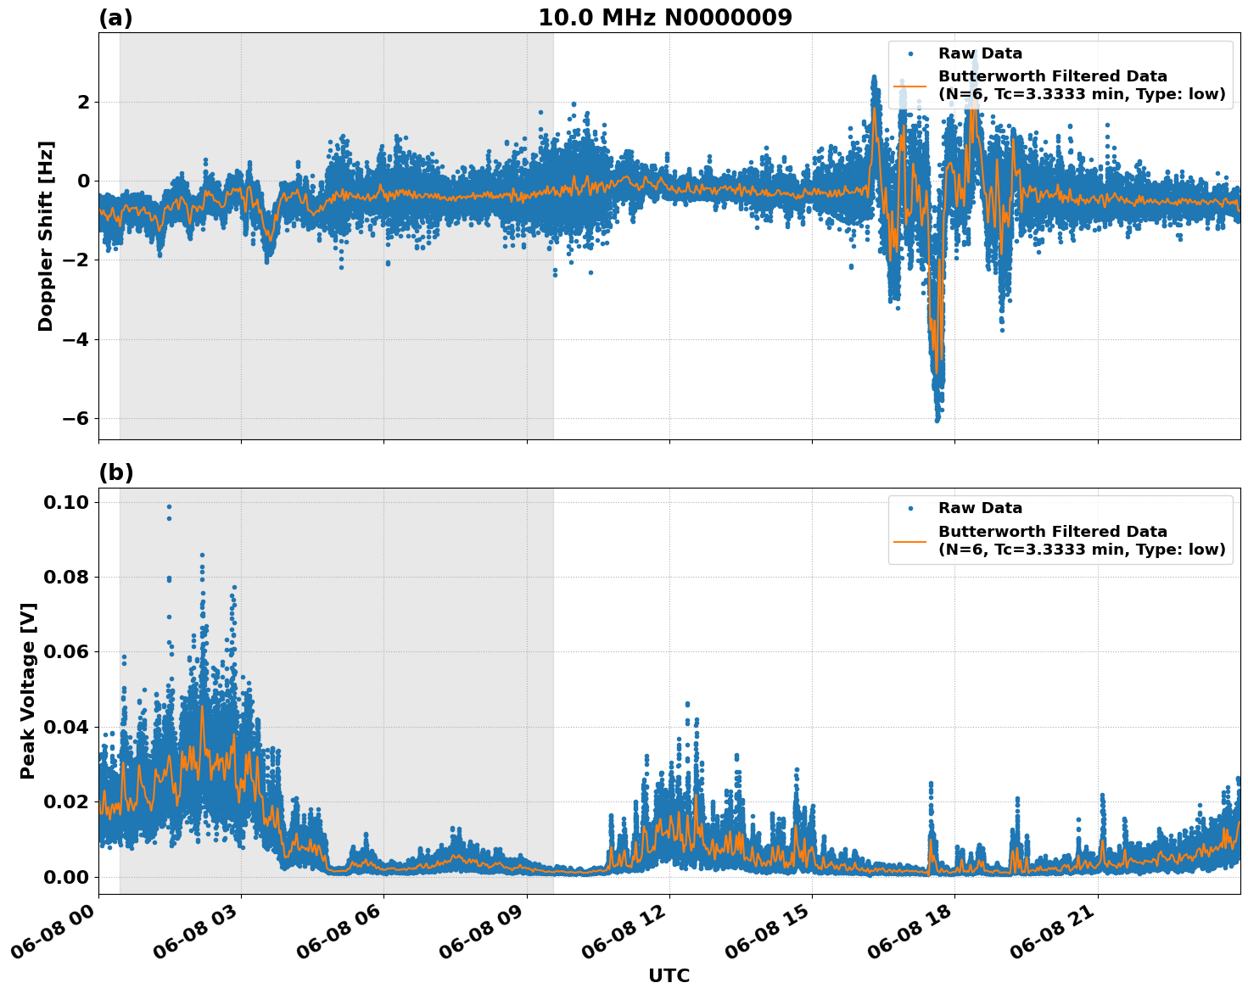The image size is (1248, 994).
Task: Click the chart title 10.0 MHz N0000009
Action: point(664,18)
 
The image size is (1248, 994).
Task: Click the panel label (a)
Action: point(115,18)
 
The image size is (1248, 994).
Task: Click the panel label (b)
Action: point(115,472)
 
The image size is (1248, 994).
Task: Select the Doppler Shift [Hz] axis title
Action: point(46,236)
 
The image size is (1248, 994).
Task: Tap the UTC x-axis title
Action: point(669,975)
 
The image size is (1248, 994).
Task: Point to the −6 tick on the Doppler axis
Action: point(70,419)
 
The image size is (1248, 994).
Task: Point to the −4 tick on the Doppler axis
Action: point(70,339)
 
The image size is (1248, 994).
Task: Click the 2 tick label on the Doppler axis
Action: point(83,102)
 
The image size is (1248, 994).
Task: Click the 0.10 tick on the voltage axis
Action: point(66,502)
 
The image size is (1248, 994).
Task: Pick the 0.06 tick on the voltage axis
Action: point(66,651)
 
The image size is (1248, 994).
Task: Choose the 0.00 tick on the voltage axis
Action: point(66,876)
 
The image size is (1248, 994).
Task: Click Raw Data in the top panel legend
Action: point(980,53)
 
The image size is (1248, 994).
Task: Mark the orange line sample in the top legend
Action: point(910,85)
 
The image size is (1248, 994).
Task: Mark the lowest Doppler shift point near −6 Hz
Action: point(937,420)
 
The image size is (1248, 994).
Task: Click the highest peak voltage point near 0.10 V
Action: point(169,506)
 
